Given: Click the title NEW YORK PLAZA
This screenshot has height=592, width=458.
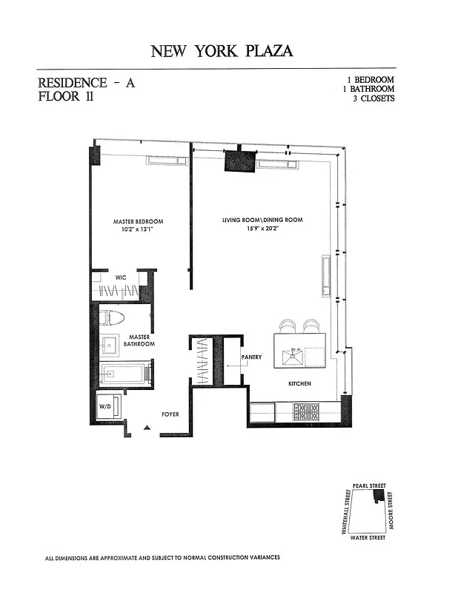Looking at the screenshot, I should (x=222, y=51).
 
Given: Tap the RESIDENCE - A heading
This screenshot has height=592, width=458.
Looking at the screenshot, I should (x=86, y=84).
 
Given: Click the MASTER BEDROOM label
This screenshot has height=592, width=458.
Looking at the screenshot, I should (x=138, y=221).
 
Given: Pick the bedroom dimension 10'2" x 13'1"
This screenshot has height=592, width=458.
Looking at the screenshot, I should (x=138, y=229).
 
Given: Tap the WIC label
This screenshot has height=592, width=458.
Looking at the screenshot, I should (x=121, y=277).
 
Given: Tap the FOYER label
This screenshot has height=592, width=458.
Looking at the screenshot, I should (x=171, y=415).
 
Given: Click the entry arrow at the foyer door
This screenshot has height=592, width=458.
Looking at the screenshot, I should (x=147, y=428).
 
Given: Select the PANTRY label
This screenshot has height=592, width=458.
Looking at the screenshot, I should (x=251, y=357).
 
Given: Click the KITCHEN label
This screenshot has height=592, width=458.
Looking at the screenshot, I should (x=299, y=384).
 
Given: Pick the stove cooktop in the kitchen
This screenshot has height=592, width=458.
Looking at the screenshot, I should (x=306, y=411).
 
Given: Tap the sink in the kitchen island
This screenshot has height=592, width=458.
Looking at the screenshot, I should (x=292, y=358).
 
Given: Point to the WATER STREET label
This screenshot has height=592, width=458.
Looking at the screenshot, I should (x=367, y=537).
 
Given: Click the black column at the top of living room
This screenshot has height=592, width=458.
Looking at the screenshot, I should (x=240, y=161).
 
